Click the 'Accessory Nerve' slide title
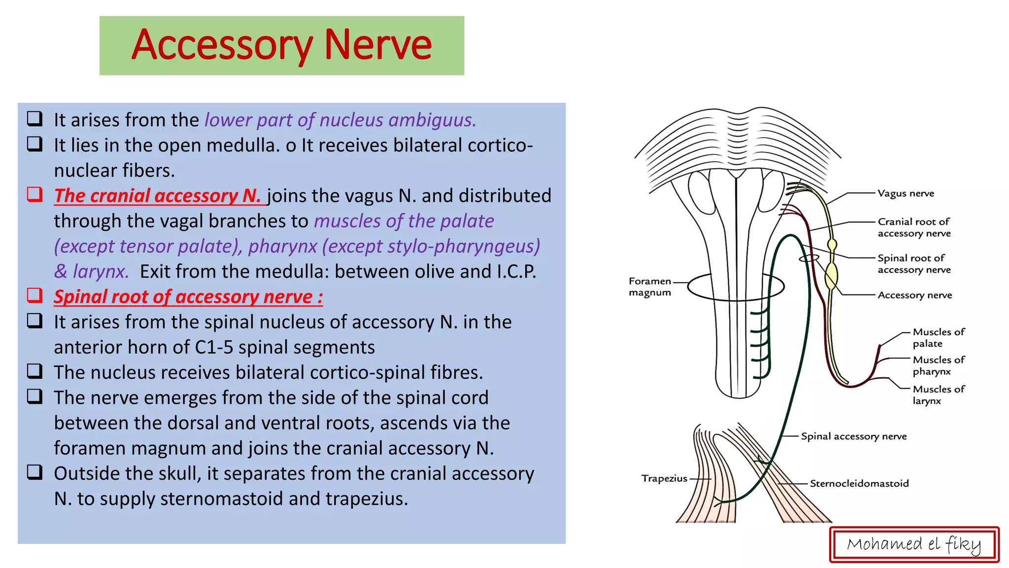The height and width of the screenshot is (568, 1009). click(281, 45)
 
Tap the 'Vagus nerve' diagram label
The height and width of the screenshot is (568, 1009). click(906, 193)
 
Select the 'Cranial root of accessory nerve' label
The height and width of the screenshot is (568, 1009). click(913, 227)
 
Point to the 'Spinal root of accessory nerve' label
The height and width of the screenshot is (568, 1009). click(913, 264)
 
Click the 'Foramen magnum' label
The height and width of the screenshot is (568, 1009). click(650, 286)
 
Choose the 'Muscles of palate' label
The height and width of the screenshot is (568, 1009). click(938, 338)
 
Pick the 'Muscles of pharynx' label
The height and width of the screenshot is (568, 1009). click(938, 365)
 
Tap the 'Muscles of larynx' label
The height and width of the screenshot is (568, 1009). click(938, 394)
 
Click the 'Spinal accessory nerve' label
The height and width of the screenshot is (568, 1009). click(853, 436)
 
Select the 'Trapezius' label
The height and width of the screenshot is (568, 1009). click(664, 478)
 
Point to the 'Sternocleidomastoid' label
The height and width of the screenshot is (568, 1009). click(859, 484)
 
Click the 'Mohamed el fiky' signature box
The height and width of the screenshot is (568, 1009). click(914, 544)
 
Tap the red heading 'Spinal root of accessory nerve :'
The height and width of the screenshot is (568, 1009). click(188, 297)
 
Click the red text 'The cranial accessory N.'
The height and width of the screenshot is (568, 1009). click(158, 196)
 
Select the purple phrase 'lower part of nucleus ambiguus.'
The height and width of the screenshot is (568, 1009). click(340, 120)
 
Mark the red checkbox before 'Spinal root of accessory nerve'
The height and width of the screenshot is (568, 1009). click(34, 295)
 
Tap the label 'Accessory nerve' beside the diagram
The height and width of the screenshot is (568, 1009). click(914, 295)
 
